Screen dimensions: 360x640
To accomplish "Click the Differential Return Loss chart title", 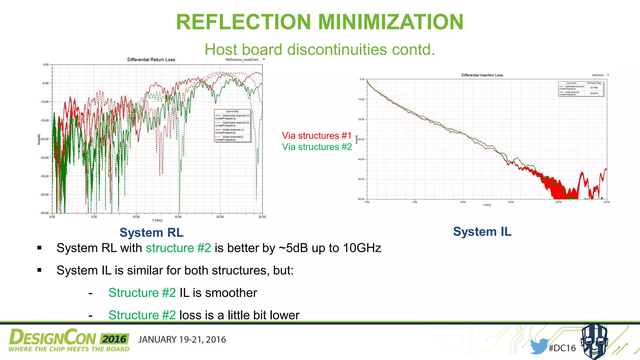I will tap(151, 60).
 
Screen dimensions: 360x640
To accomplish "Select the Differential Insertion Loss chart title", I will tap(482, 75).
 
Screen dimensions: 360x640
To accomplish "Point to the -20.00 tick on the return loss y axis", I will tap(44, 139).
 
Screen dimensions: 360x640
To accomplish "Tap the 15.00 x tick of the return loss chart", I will tap(178, 217).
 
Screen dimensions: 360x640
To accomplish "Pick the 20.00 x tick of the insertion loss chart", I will tap(558, 202).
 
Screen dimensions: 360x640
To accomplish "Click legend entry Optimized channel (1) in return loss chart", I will tap(236, 116).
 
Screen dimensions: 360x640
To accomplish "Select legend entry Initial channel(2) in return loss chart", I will tap(233, 137).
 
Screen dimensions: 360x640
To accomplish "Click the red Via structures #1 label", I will tap(317, 136).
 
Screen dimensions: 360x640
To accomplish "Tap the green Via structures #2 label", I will tap(317, 147).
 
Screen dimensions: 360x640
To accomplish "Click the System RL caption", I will tap(151, 233).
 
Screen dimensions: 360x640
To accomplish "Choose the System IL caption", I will tap(482, 232).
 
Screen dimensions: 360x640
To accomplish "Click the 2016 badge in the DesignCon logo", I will tap(114, 339).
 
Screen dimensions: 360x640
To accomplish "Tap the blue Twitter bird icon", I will tap(539, 346).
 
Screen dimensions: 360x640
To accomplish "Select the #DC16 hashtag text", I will tap(562, 348).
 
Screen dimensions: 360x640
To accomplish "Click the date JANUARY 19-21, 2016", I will tap(182, 340).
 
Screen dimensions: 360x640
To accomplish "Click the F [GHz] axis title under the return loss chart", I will tap(157, 221).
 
